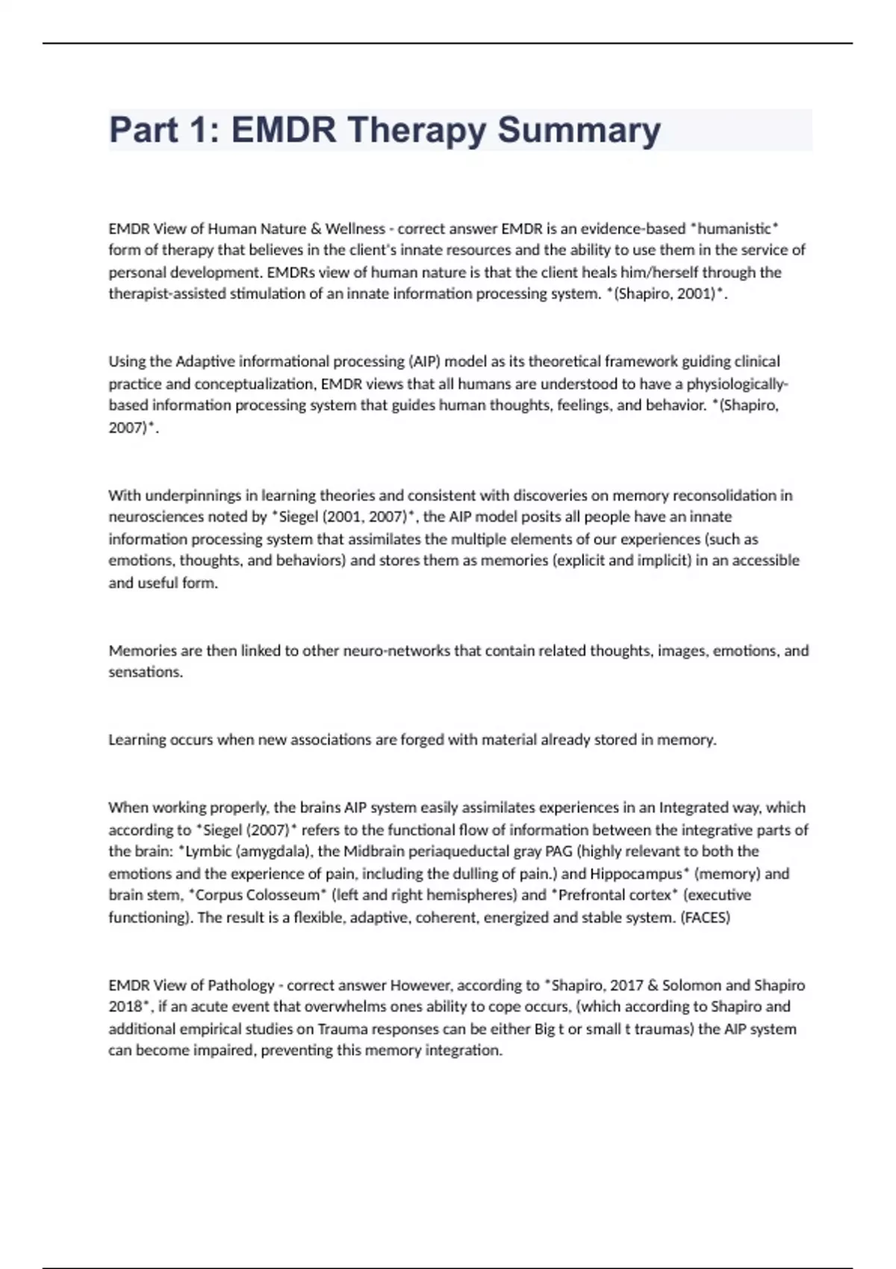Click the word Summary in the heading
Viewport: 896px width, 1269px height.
click(x=579, y=131)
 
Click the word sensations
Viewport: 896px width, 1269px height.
click(x=145, y=672)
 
